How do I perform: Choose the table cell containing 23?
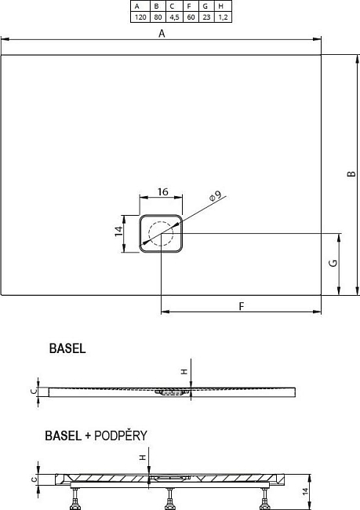pos(205,16)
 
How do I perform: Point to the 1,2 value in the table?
pos(223,16)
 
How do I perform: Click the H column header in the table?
pos(223,5)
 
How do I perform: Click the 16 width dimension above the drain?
pos(162,191)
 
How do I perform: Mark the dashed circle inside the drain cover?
pos(162,234)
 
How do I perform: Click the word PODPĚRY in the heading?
pos(121,435)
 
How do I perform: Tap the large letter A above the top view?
pos(162,34)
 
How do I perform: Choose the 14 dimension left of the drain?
pos(118,232)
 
